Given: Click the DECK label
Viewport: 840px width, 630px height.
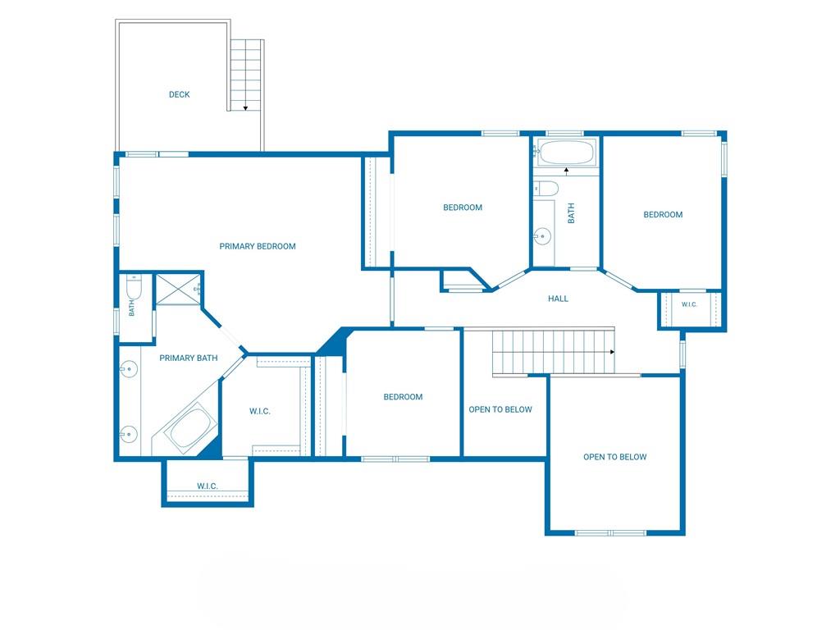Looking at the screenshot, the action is (180, 95).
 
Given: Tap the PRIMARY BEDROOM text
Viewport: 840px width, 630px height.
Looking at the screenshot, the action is (258, 246).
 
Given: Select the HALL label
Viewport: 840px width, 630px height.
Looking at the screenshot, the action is (558, 299).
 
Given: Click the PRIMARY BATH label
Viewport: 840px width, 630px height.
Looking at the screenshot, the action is (189, 358).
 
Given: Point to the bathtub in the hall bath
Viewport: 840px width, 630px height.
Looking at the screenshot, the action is (567, 153).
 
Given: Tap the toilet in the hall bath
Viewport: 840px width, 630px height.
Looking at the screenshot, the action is (546, 189).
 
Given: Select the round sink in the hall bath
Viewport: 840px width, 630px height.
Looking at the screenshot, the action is (542, 235).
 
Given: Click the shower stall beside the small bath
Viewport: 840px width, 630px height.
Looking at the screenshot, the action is (178, 290).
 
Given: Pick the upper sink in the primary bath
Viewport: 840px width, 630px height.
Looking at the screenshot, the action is (129, 369).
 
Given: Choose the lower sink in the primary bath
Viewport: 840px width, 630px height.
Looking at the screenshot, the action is (129, 434).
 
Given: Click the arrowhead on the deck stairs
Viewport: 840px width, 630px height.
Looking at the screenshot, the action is (245, 109).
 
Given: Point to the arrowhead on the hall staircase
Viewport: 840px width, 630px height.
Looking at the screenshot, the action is (612, 352).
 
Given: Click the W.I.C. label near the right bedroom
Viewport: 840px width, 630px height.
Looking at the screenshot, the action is (689, 304).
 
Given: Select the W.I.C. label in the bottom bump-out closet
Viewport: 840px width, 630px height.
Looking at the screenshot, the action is (208, 486).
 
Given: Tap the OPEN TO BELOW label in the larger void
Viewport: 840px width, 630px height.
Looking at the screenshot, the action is (615, 457).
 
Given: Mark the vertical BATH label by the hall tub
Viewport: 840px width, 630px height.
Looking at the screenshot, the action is (571, 213).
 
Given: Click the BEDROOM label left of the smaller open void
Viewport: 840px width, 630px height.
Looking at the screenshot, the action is (403, 397).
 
